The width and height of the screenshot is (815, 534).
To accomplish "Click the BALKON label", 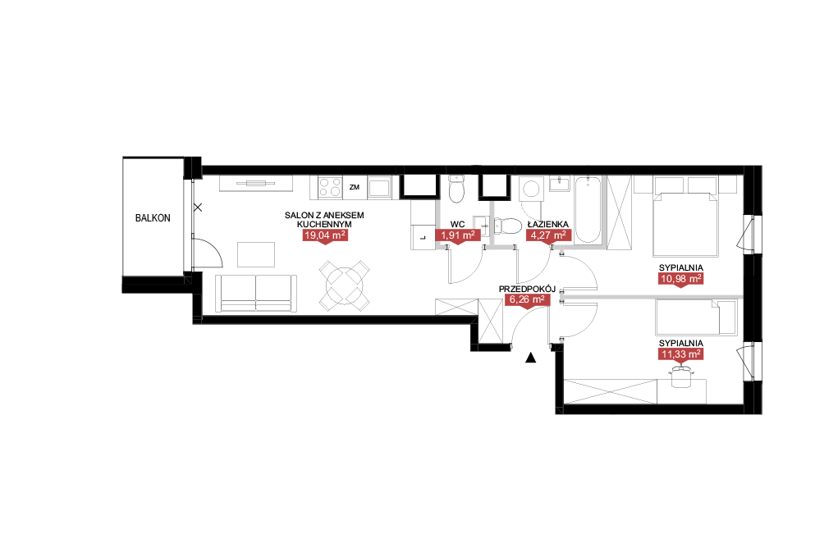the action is [153, 218].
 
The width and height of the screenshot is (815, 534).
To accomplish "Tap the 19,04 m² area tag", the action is [325, 235].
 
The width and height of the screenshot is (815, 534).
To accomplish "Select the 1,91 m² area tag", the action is [457, 235].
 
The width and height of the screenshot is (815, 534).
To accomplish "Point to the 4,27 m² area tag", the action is [549, 235].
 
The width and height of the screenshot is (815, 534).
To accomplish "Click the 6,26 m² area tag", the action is [527, 299].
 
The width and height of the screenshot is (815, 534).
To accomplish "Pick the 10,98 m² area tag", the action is [681, 279].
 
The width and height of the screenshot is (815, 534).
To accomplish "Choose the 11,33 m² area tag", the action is [681, 354].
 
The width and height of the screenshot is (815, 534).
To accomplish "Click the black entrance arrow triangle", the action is [530, 358].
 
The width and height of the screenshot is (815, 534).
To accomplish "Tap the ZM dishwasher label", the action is [355, 187].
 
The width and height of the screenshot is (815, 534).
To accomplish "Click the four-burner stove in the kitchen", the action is [330, 188].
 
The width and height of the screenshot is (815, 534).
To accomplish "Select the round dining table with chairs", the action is [344, 285].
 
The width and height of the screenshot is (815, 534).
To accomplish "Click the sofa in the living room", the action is [256, 294].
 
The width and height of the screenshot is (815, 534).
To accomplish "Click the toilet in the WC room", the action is [456, 189].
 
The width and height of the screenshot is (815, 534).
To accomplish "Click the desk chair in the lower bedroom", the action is [681, 376].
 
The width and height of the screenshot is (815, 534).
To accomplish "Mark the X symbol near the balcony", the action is [198, 208].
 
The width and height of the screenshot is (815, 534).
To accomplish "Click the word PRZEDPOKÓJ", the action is [527, 289].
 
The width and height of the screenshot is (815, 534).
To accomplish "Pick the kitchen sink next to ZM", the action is [379, 188].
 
